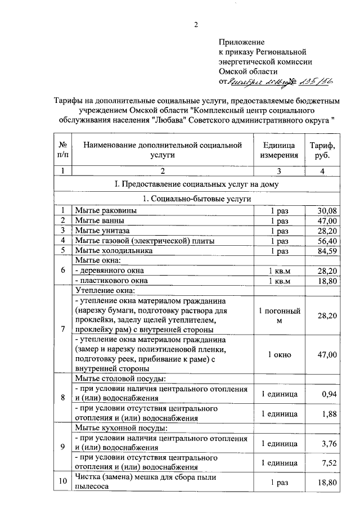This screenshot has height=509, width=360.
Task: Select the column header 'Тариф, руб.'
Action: coord(322,150)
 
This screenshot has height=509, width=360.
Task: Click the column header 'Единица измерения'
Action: coord(279,150)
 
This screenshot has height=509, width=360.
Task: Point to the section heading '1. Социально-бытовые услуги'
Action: coord(197,199)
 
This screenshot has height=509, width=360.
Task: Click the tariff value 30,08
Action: coord(327,210)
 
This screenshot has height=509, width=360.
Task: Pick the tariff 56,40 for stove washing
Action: coord(327,241)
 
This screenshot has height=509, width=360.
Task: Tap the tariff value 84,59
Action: coord(327,251)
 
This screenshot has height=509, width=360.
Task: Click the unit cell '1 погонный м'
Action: coord(279,316)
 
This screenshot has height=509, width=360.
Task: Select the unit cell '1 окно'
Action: coord(279,354)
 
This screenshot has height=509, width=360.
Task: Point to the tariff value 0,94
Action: coord(329,394)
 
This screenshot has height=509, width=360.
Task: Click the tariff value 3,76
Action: coord(329,443)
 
